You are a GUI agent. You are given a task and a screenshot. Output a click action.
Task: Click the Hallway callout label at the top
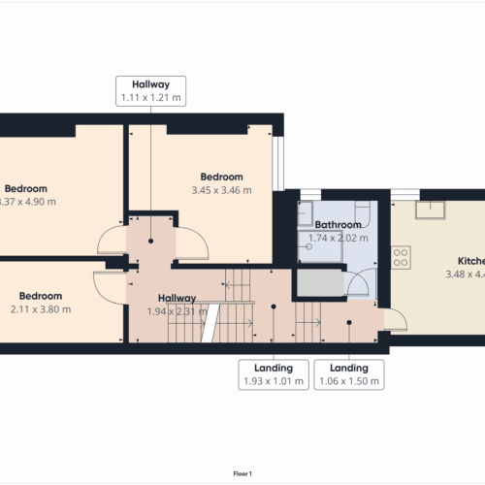tap(150, 90)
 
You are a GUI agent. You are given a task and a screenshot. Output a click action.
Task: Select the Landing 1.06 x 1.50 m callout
tap(348, 374)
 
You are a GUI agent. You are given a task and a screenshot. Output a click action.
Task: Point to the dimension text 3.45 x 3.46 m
tap(221, 190)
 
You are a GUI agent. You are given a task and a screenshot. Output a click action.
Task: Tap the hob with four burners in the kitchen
tap(401, 257)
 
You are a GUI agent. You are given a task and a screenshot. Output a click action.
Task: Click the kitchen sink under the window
tap(427, 211)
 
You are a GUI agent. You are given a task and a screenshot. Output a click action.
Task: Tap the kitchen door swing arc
tap(395, 317)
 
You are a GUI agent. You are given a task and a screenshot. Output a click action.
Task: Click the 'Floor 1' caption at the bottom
tap(242, 473)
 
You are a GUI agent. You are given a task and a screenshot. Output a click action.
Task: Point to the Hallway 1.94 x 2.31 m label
tap(172, 305)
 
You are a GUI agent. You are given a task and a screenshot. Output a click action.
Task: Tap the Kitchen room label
tap(471, 262)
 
